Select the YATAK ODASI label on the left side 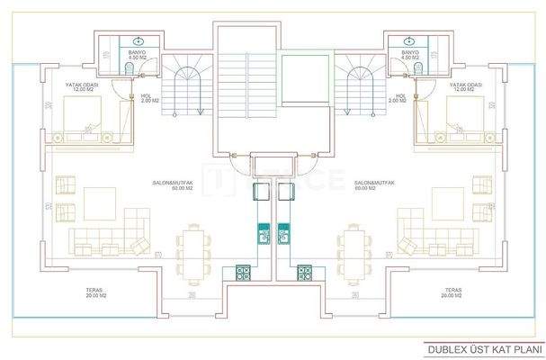pyautogui.click(x=84, y=88)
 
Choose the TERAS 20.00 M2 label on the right pyautogui.click(x=452, y=293)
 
